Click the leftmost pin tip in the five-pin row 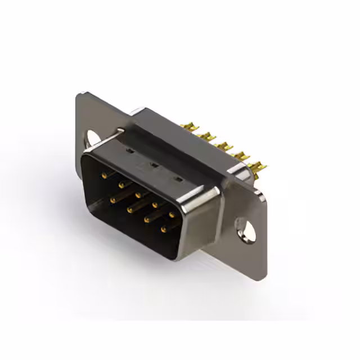[x=104, y=175]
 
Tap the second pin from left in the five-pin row [x=121, y=184]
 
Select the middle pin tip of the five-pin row [x=138, y=195]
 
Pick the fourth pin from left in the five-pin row [x=155, y=205]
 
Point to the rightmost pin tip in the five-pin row [x=172, y=214]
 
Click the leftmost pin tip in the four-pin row [x=113, y=200]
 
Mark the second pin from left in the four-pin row [x=130, y=210]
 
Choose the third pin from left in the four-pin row [x=147, y=220]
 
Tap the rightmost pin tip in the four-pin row [x=164, y=229]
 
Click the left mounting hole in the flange [x=92, y=137]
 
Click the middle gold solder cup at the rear [x=226, y=146]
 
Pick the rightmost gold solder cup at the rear [x=258, y=166]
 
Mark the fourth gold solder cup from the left [x=241, y=156]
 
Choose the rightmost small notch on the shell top [x=179, y=179]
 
